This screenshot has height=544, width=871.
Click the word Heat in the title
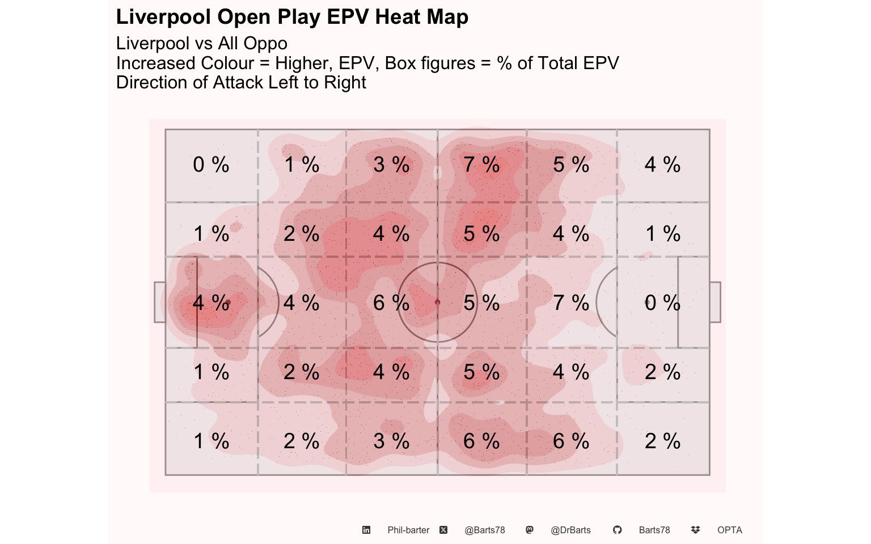(393, 17)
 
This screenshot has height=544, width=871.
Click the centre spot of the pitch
(437, 302)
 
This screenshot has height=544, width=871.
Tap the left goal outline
(159, 302)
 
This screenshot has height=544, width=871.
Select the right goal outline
(715, 302)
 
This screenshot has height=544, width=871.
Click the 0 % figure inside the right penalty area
(662, 303)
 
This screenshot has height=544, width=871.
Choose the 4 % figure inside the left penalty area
(211, 303)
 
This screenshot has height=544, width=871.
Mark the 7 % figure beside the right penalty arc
(571, 303)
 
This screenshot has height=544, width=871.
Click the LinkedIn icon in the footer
(366, 530)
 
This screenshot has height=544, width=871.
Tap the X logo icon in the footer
(443, 530)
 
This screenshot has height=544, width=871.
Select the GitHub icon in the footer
(618, 530)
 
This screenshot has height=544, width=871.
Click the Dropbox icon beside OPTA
(696, 530)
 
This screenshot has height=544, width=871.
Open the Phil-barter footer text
(408, 530)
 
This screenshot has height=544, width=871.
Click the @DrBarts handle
(570, 530)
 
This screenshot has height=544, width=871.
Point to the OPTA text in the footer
(729, 530)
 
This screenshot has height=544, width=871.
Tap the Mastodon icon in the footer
(530, 530)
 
